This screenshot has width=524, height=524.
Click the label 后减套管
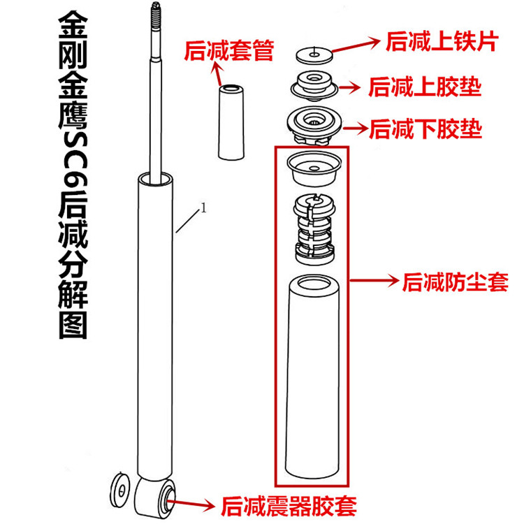tap(228, 50)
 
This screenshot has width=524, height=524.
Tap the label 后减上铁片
tap(441, 43)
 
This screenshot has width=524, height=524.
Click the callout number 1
tap(203, 208)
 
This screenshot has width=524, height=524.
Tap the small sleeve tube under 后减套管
tap(231, 123)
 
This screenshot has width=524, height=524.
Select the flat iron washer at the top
tap(313, 53)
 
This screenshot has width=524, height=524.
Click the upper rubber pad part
tap(313, 86)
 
